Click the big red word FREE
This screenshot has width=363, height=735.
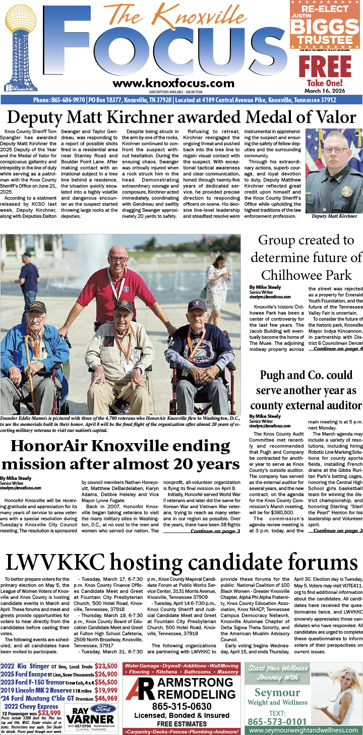325,67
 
